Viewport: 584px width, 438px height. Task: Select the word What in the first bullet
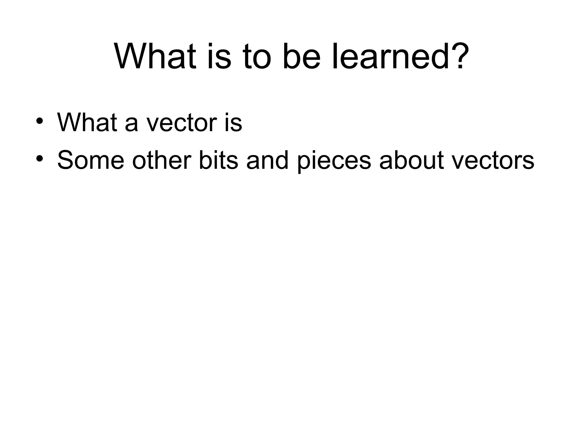[x=87, y=122]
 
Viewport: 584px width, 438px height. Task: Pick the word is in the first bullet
[x=233, y=122]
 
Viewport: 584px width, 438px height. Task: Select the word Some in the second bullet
[x=91, y=160]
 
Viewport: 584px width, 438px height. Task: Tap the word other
[x=161, y=160]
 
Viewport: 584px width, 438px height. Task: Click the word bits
[x=218, y=160]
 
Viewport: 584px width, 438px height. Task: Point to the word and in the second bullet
[x=267, y=160]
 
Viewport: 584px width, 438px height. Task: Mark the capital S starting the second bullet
[x=65, y=160]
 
